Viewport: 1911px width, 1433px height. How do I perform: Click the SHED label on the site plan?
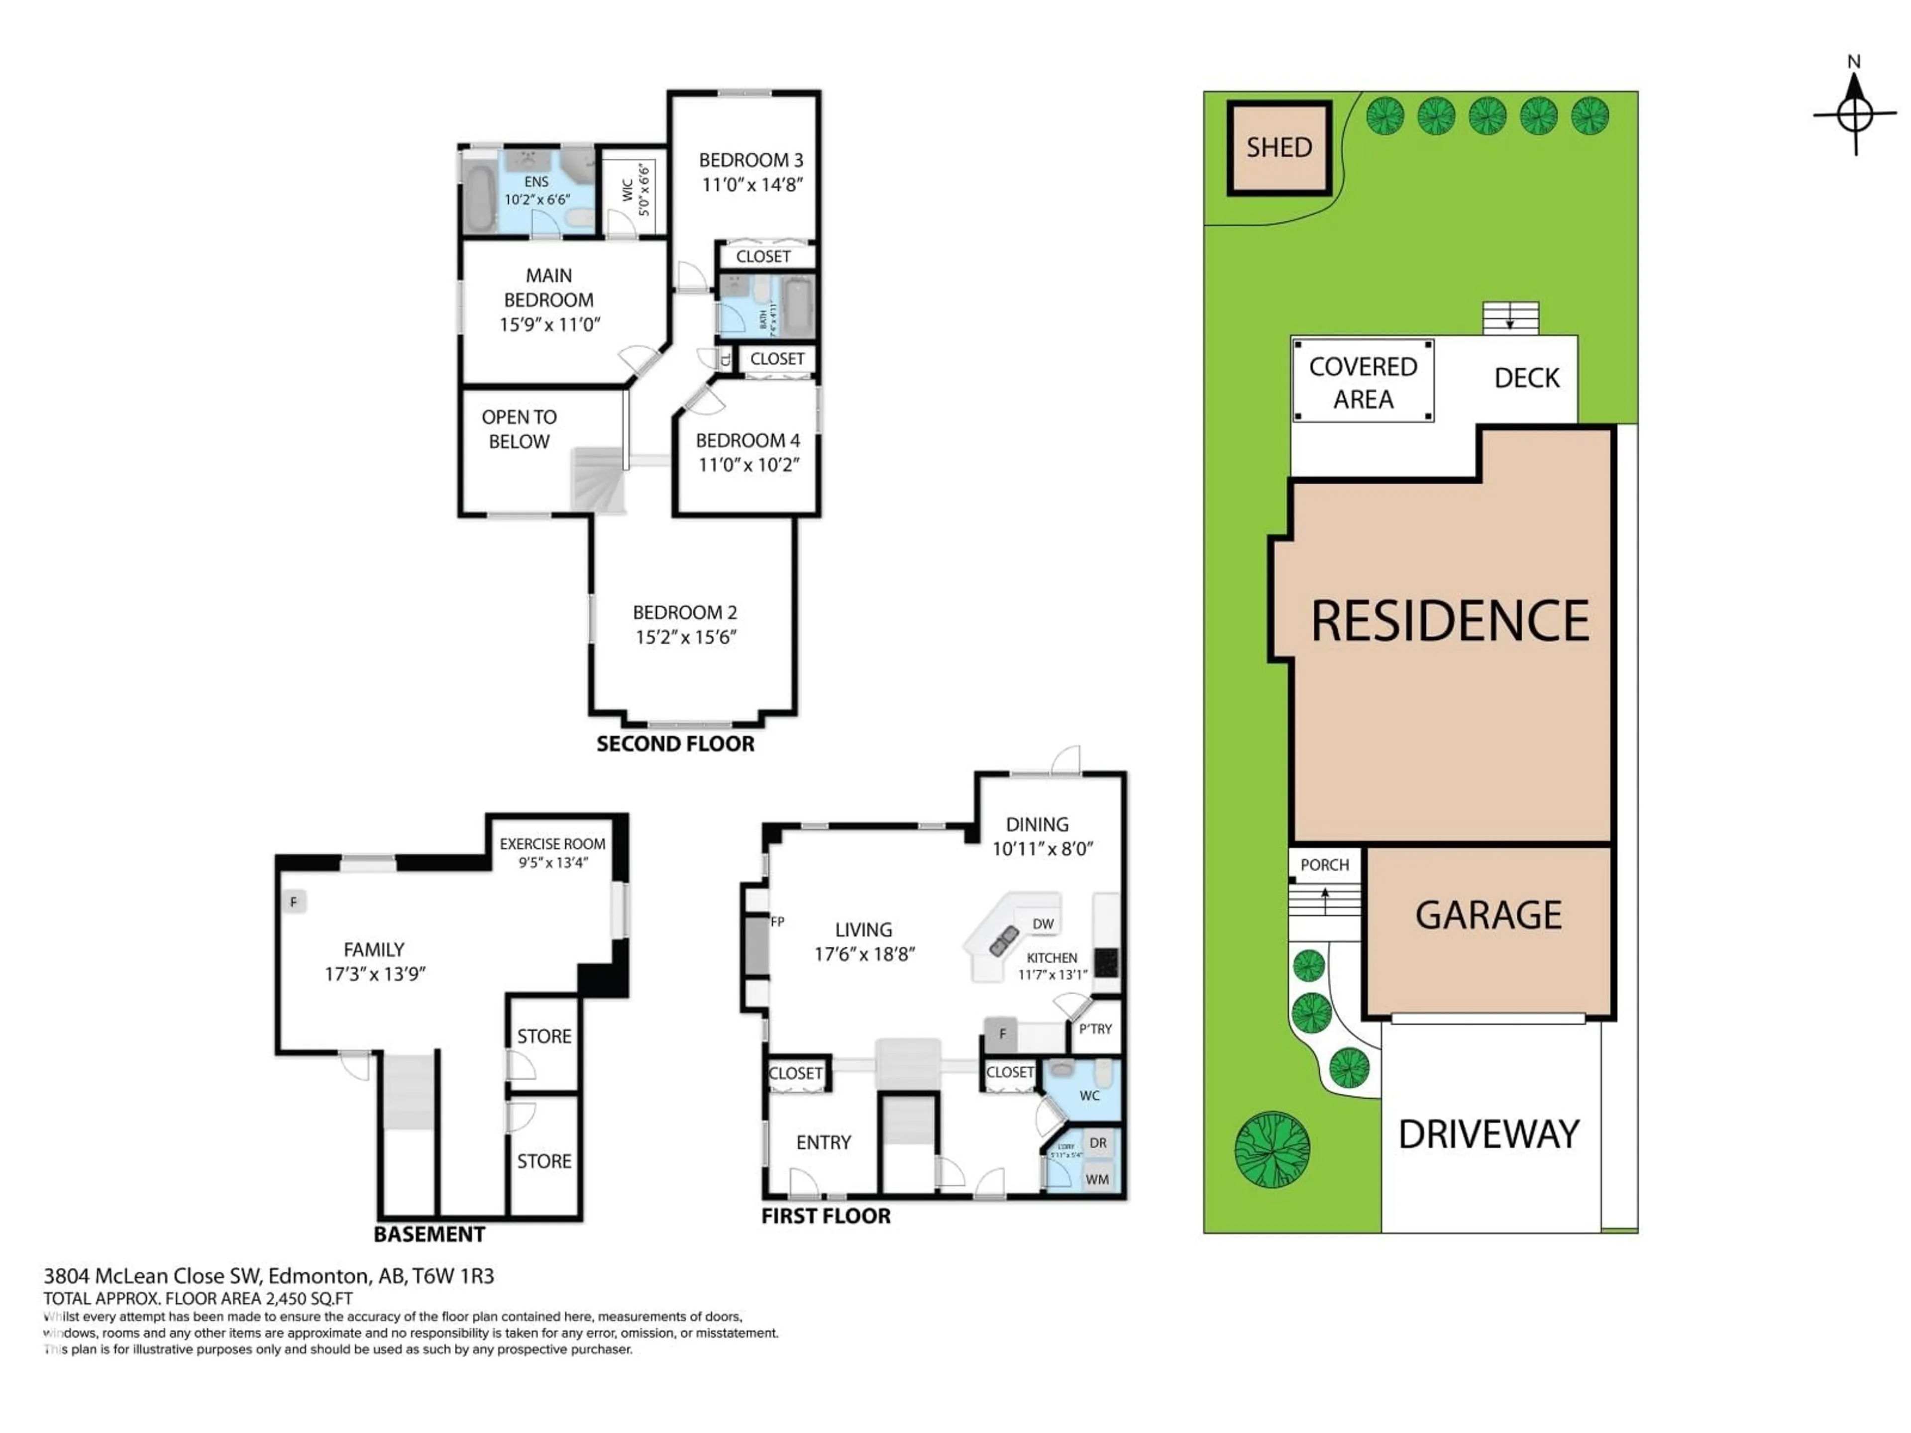(1278, 148)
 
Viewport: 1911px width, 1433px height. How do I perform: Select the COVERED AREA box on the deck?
(1363, 382)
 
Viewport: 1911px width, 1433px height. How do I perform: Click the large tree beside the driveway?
(1272, 1149)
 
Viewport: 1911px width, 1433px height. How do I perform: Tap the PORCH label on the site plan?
(1324, 865)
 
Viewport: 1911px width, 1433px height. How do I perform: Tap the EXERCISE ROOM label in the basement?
(552, 844)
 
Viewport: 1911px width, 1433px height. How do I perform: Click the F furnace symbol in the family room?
(294, 902)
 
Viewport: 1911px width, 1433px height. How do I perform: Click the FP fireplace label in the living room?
(777, 921)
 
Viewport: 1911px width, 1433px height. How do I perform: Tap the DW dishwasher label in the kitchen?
(1043, 923)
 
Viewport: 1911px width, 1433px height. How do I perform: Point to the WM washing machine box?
(1097, 1179)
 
